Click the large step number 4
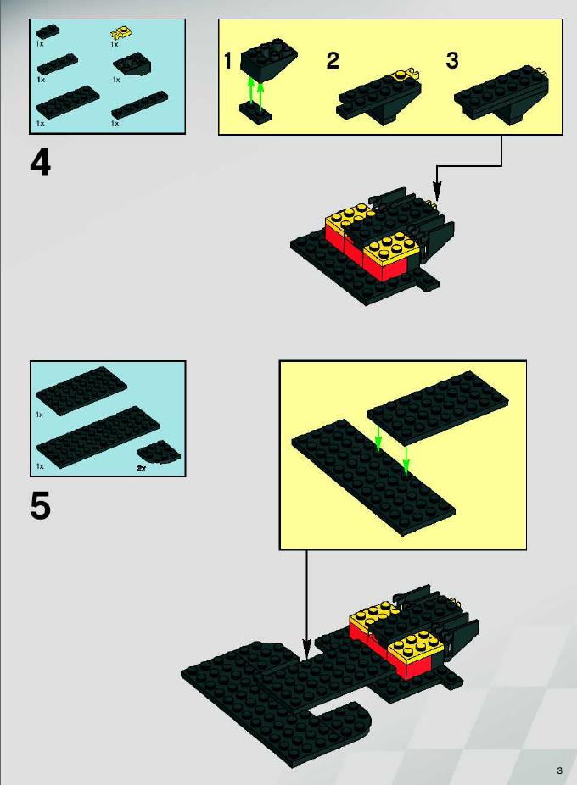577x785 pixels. point(40,164)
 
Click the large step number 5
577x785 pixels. point(40,505)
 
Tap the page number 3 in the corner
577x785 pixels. point(559,771)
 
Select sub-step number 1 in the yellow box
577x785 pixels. point(228,60)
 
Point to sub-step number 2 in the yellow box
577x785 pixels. point(333,60)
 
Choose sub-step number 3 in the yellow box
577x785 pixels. point(452,60)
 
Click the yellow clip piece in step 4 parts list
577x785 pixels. point(120,34)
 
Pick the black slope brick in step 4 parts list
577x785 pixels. point(132,64)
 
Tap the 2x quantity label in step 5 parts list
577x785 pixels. point(142,469)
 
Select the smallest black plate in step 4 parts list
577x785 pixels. point(48,31)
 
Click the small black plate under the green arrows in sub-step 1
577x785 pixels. point(255,112)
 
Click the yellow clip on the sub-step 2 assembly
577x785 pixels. point(406,75)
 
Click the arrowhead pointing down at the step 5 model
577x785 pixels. point(305,649)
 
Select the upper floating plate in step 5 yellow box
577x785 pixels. point(437,407)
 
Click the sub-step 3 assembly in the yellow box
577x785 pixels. point(501,94)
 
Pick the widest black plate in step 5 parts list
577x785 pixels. point(98,437)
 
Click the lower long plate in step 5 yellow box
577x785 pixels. point(373,477)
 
